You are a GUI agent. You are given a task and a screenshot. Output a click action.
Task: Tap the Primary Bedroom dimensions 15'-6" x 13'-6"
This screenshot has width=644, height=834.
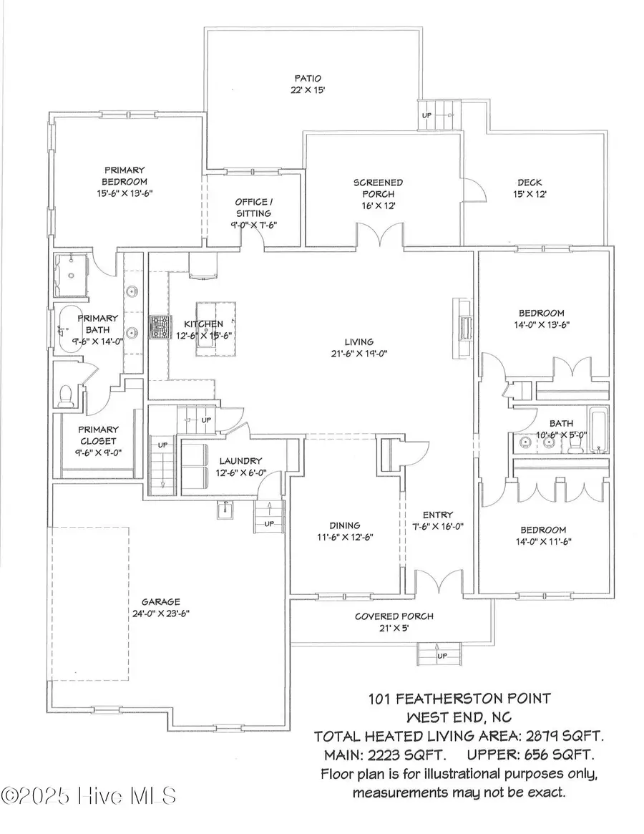[x=125, y=193]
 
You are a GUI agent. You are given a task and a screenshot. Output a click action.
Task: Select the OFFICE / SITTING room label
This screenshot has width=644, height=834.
[x=253, y=208]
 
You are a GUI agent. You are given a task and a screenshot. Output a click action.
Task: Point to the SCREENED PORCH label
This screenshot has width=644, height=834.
[x=378, y=183]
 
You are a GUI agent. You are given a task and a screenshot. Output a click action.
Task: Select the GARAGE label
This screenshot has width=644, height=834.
[x=160, y=602]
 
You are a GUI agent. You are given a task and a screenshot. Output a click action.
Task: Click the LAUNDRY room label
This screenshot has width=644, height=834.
[x=241, y=461]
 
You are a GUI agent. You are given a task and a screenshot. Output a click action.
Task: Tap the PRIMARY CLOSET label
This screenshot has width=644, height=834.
[x=98, y=435]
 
